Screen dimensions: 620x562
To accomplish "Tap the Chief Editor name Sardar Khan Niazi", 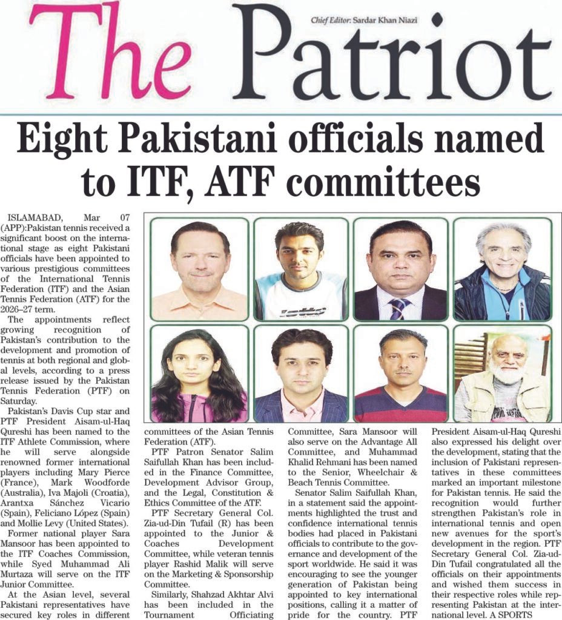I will tap(375, 21).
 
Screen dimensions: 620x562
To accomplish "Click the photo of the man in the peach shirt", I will tap(199, 269).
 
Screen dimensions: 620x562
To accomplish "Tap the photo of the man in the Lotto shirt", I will tap(300, 269).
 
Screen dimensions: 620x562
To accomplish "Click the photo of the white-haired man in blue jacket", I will tap(503, 269).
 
